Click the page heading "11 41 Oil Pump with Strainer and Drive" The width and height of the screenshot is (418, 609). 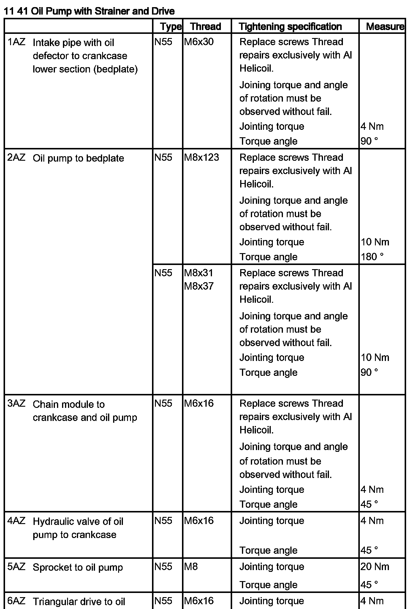pos(89,11)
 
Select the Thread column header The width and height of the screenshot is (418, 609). pos(205,26)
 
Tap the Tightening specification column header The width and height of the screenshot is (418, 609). pos(290,26)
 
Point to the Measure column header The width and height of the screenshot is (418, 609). pos(385,26)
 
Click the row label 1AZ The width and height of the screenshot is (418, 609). pos(16,42)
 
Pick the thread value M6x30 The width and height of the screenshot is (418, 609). pos(199,42)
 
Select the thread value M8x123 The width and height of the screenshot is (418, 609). pos(201,157)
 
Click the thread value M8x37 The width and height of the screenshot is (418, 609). pos(199,286)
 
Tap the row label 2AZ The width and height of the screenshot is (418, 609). pos(16,157)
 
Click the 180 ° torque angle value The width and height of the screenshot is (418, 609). pos(372,257)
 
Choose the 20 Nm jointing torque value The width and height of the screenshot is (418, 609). pos(375,567)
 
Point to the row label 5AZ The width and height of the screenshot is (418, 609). pos(16,567)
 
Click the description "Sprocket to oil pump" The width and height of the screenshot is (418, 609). pos(78,567)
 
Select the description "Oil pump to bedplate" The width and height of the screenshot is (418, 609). pos(78,158)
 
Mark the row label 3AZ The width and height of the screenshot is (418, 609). pos(16,403)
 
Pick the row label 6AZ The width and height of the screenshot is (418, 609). pos(16,601)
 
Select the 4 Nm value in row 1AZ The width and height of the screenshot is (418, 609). pos(372,126)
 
